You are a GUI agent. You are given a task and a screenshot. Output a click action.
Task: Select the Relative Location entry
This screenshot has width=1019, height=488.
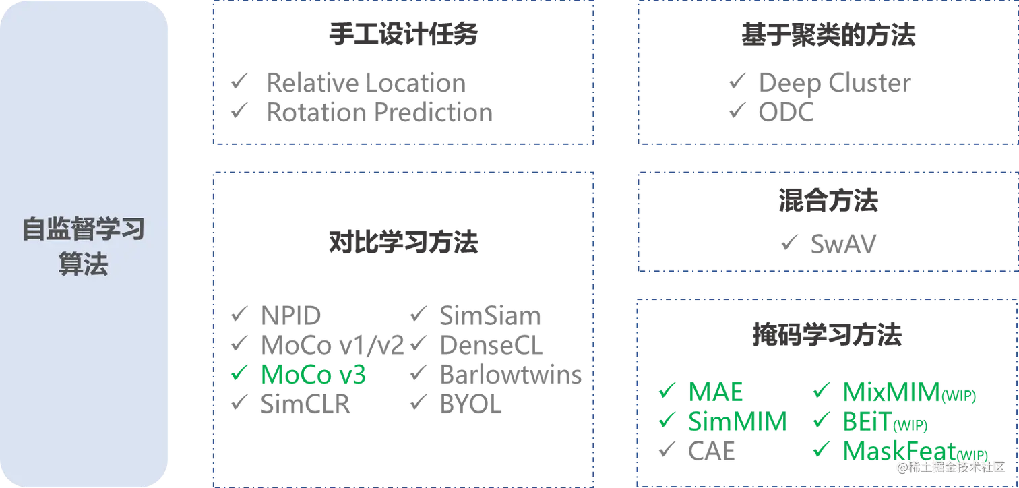365,83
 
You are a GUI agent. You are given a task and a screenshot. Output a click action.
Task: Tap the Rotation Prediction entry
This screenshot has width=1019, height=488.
378,113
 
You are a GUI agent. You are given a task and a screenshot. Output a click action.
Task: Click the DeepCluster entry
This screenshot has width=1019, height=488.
833,84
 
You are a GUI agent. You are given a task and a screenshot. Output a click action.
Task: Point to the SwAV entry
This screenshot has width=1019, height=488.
842,243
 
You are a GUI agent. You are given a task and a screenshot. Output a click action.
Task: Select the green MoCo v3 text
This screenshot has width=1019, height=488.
312,375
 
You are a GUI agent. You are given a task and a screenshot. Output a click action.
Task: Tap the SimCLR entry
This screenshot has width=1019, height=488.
306,404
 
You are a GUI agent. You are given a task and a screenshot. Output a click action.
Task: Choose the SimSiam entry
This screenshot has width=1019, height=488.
489,314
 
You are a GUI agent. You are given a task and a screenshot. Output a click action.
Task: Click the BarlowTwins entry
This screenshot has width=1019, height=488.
509,375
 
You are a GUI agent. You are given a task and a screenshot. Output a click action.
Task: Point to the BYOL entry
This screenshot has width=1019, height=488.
470,404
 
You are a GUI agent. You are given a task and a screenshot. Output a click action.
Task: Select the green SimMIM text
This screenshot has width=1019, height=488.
735,422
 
